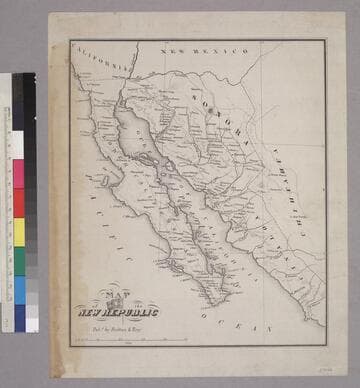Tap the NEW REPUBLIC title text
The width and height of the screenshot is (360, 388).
point(119,311)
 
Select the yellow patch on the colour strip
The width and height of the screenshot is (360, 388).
point(18,232)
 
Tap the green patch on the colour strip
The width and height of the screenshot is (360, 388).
point(18,262)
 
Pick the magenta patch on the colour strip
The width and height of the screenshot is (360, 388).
point(18,174)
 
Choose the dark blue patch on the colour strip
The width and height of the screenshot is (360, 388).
point(18,318)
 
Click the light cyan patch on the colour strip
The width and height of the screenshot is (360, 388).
point(18,290)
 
